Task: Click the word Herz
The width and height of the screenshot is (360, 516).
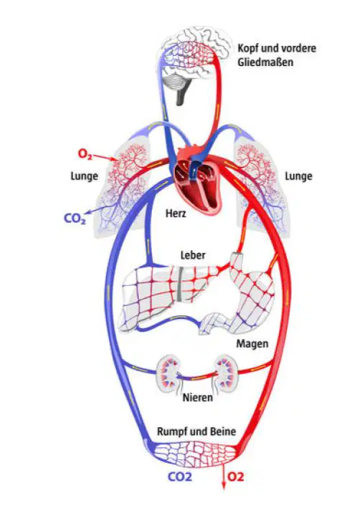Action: (x=176, y=214)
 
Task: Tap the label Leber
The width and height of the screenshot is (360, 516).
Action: (x=193, y=255)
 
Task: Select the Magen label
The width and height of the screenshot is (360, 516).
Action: (x=252, y=344)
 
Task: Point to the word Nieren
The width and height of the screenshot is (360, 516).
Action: (x=198, y=398)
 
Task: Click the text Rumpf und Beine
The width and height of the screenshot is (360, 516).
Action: (x=196, y=431)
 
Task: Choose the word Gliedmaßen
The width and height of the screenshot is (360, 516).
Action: (x=265, y=62)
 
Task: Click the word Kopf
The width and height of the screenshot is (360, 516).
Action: (x=248, y=49)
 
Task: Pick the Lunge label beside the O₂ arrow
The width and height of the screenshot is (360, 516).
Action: (x=85, y=176)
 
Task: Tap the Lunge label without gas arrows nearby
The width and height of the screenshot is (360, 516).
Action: (x=298, y=176)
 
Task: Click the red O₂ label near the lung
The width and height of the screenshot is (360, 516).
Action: (x=85, y=154)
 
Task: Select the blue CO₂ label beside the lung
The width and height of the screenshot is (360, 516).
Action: (x=75, y=219)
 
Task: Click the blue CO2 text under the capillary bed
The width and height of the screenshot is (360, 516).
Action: (x=180, y=477)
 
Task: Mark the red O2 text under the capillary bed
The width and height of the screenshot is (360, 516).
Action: (x=235, y=477)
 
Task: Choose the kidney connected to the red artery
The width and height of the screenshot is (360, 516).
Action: (x=227, y=373)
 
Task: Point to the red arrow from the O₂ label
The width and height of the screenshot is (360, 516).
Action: (x=104, y=158)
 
